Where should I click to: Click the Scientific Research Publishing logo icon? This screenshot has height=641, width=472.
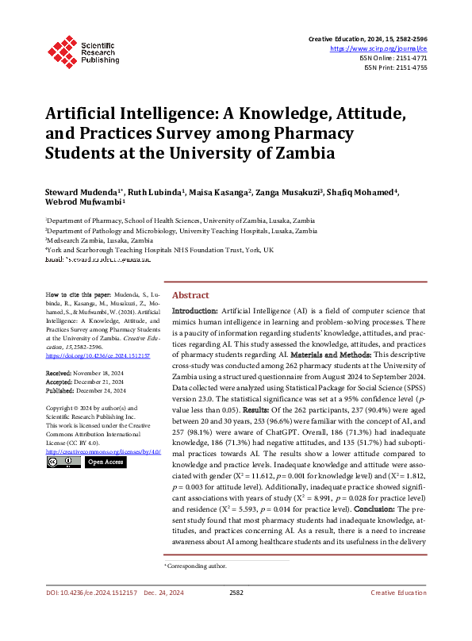pos(62,48)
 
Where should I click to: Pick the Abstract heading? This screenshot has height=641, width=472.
pos(190,293)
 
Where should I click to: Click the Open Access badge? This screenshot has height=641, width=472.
pos(105,461)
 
